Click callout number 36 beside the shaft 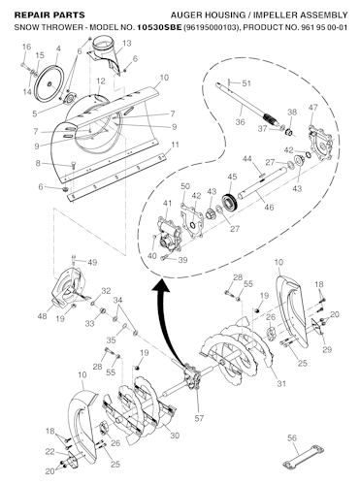tap(240, 121)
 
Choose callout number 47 tap(312, 107)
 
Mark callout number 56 tap(291, 438)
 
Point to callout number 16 tap(25, 47)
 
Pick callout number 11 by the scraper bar tap(176, 145)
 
